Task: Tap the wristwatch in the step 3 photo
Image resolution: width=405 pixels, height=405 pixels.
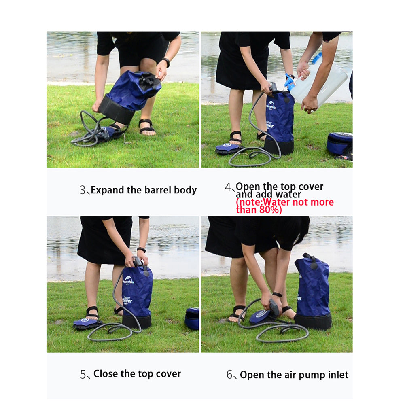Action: click(x=166, y=62)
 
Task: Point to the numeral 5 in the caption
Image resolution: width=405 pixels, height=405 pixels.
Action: click(x=83, y=374)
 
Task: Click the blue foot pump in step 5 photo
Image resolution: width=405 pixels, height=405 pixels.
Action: click(x=85, y=323)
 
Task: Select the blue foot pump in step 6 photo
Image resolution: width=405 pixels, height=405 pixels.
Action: click(x=260, y=316)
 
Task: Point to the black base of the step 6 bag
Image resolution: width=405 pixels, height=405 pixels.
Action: click(x=313, y=321)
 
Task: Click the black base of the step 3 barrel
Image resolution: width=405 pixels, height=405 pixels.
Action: click(x=116, y=110)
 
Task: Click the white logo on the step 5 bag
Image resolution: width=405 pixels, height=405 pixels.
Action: click(x=129, y=279)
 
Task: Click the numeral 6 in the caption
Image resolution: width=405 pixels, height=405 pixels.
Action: click(x=230, y=375)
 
